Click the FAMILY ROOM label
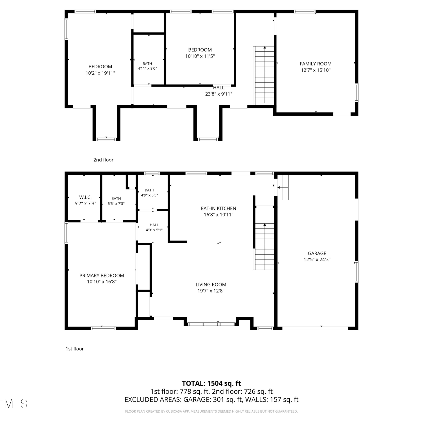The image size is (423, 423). click(316, 64)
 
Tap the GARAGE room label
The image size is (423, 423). click(317, 253)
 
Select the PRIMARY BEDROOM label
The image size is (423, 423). click(102, 276)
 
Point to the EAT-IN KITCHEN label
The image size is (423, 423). click(219, 208)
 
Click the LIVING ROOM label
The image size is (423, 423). click(211, 285)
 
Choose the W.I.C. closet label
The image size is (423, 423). click(85, 197)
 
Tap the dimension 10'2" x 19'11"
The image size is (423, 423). click(100, 73)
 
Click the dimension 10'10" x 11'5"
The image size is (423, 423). click(200, 56)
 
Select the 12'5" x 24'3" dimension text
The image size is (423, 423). click(317, 259)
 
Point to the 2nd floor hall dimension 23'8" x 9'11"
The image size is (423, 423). click(219, 94)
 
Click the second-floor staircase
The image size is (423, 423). click(264, 75)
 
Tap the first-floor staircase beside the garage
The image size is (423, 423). click(264, 246)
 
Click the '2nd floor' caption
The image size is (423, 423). click(103, 160)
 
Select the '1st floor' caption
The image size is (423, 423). click(75, 349)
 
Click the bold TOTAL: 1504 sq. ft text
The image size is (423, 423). click(211, 383)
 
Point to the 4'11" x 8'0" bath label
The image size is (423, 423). click(147, 66)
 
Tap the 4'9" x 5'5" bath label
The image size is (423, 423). click(149, 193)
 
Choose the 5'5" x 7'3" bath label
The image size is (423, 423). click(116, 201)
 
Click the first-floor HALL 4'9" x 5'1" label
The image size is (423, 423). click(154, 227)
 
